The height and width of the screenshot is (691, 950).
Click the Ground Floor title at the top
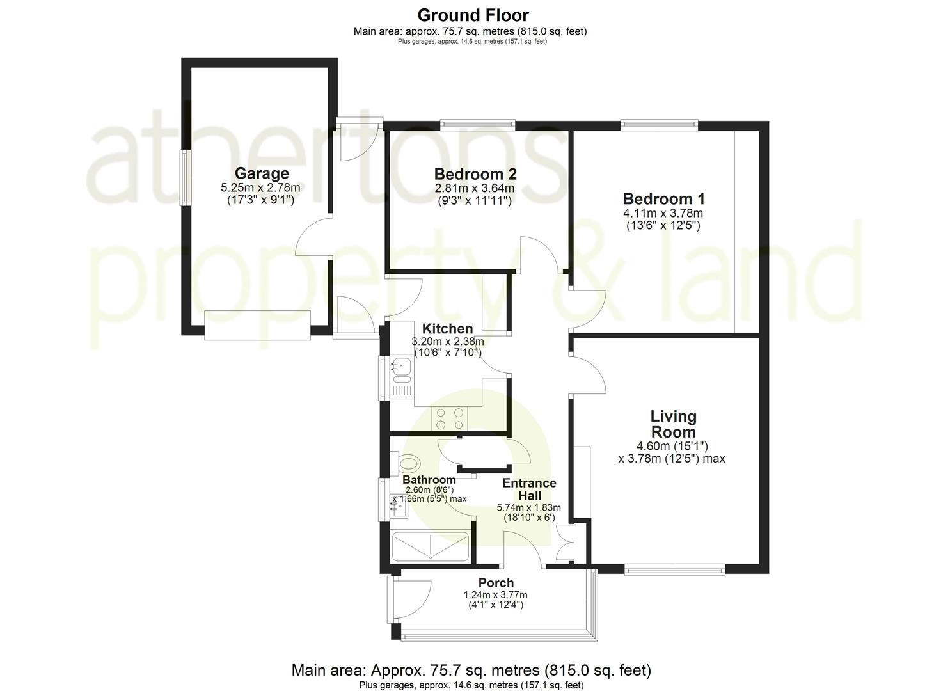(x=473, y=15)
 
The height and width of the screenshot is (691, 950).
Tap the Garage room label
(x=261, y=173)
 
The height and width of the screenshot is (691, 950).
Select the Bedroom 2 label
(x=475, y=174)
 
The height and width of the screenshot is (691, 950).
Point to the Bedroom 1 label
(x=663, y=199)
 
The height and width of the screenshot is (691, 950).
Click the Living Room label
(x=672, y=424)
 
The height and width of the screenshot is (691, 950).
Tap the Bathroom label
(x=429, y=480)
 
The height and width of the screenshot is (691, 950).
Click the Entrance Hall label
(x=528, y=489)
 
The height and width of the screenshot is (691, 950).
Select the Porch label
(x=496, y=583)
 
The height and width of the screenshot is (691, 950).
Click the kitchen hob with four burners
(x=450, y=418)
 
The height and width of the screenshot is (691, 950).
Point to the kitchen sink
(x=402, y=366)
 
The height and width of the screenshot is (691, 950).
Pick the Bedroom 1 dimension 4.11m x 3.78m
(x=663, y=213)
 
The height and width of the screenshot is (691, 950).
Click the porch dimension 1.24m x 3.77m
(x=495, y=595)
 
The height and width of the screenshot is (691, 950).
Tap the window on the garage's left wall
(x=186, y=177)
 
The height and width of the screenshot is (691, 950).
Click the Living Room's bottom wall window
(x=674, y=569)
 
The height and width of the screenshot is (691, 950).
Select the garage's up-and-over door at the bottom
(x=257, y=324)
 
